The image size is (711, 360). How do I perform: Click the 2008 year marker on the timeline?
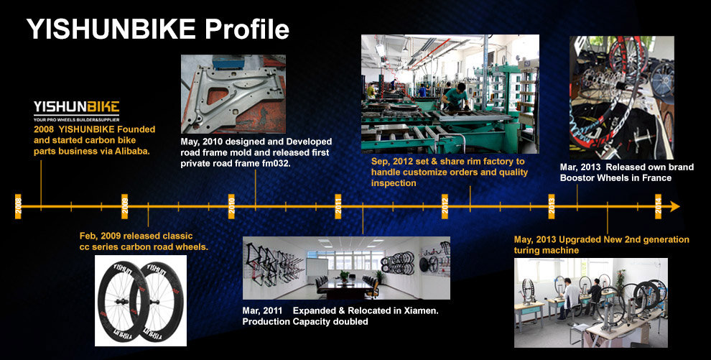point(18,206)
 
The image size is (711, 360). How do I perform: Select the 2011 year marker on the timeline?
point(338,206)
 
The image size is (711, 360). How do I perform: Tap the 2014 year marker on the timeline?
point(658,206)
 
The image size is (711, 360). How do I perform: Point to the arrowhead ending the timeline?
point(674,206)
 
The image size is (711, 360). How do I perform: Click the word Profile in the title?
point(246,29)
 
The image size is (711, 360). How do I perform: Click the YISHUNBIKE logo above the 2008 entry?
point(76,111)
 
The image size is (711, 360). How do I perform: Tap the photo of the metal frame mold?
point(233,94)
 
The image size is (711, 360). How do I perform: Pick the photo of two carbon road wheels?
point(141,300)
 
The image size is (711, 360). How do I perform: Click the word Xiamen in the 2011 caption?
point(422,311)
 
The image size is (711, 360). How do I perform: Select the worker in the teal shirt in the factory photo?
point(456,96)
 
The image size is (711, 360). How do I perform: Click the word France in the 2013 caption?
point(656,178)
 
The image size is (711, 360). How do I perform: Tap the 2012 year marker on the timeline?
point(445,206)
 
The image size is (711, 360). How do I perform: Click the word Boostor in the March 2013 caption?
point(577,178)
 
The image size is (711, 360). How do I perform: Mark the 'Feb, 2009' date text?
point(99,236)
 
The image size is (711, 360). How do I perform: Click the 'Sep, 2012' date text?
point(391,162)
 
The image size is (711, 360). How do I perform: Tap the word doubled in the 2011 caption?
point(350,322)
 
